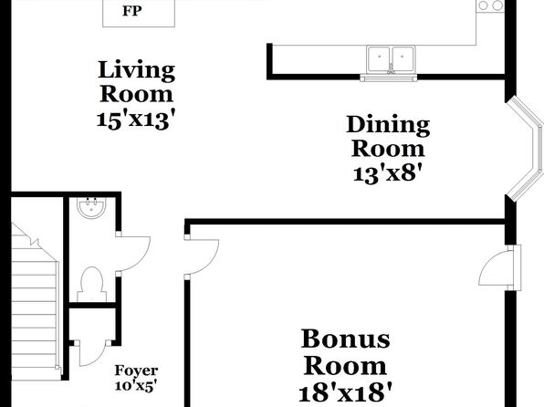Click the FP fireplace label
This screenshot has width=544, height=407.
pos(131,11)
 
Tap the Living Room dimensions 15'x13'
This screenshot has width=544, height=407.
pos(136,120)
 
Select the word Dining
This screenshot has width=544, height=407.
pos(388,126)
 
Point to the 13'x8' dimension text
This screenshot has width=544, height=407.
pos(388,173)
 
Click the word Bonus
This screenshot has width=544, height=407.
pos(345,339)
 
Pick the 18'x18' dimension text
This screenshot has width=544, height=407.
pos(345,392)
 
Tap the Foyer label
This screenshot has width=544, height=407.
pos(136,370)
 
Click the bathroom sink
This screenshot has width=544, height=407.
pos(91,208)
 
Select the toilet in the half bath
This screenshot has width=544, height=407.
pos(91,284)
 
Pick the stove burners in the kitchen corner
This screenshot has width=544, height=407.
pos(490,5)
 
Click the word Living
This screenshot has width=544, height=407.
pos(136,70)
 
